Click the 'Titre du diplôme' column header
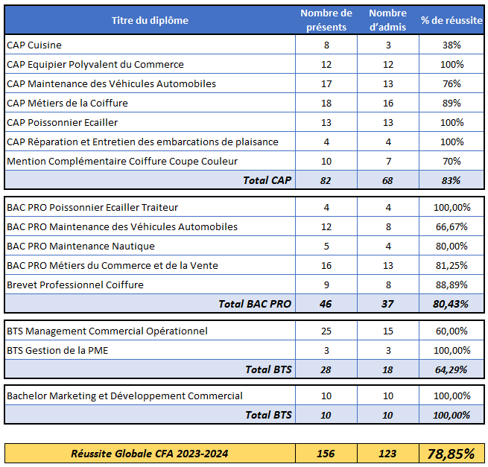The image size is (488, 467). (150, 21)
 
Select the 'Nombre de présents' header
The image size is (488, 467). (326, 20)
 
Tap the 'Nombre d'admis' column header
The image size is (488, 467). (387, 20)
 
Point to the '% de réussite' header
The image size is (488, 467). (451, 21)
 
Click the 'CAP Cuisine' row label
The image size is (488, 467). (34, 45)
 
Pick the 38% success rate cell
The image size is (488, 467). (451, 45)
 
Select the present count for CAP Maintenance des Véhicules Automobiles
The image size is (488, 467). (326, 84)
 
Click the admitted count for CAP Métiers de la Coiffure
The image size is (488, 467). (388, 104)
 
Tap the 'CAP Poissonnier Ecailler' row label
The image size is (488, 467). (63, 123)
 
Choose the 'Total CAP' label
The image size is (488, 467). (267, 180)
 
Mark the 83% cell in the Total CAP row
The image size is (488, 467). (451, 181)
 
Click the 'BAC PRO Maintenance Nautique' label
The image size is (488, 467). (80, 247)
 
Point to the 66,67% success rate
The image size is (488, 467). (451, 227)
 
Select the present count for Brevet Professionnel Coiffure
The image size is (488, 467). (326, 285)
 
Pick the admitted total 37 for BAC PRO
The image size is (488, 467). (387, 305)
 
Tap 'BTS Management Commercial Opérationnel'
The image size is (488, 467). (107, 331)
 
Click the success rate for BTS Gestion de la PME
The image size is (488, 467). (452, 351)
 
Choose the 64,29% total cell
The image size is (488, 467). (451, 370)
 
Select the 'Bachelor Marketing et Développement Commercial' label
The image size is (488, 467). (124, 396)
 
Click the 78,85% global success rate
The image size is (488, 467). (451, 454)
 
